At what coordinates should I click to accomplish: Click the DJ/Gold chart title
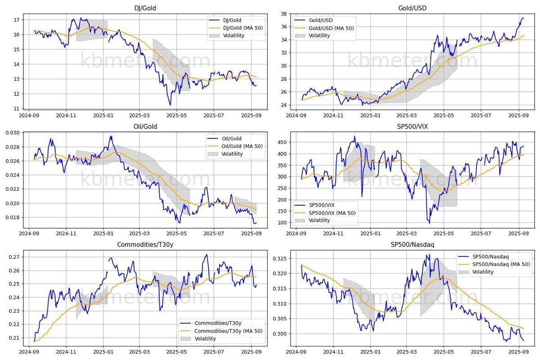coord(145,9)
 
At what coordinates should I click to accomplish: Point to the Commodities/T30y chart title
coord(145,245)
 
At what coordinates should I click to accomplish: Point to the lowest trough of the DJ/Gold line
coord(170,105)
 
